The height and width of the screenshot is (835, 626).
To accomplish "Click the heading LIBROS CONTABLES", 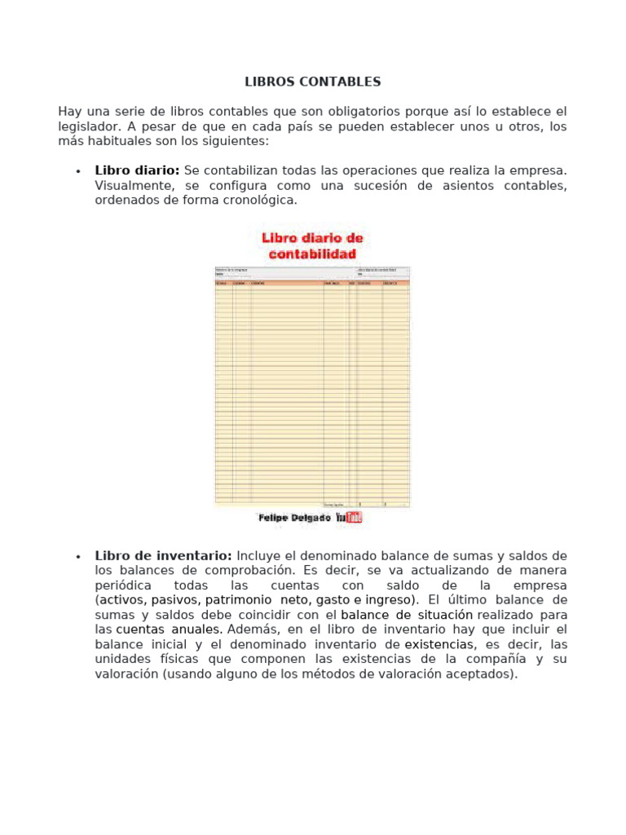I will click(x=313, y=82).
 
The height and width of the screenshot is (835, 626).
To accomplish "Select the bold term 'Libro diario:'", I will click(x=137, y=170).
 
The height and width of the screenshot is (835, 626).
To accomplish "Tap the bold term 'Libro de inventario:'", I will click(x=163, y=556).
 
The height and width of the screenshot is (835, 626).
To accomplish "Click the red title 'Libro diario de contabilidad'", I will click(x=312, y=245).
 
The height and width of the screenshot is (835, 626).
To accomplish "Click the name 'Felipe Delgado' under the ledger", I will click(x=294, y=518).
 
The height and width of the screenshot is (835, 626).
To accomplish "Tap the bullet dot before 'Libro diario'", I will click(x=77, y=171).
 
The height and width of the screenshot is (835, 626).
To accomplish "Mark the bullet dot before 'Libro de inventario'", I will click(x=77, y=557).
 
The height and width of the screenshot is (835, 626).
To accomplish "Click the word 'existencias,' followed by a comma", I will click(x=440, y=644).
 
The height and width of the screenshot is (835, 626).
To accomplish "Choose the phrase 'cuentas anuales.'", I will click(x=169, y=630).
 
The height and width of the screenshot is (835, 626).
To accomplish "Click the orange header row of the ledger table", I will click(x=312, y=283).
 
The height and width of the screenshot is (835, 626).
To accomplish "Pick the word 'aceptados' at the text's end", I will click(x=486, y=674).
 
